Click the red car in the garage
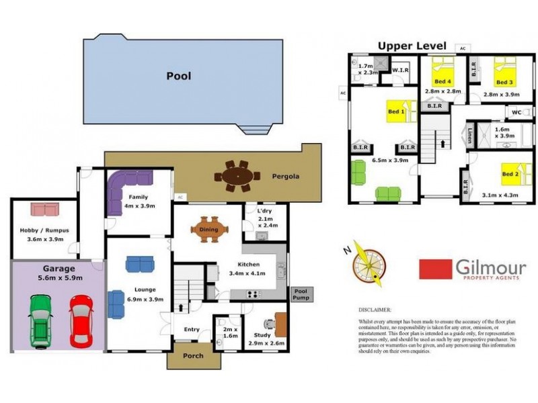tap(81, 321)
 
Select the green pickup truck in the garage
tap(41, 321)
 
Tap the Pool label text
tap(178, 76)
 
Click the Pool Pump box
tap(299, 294)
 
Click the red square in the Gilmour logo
tap(435, 269)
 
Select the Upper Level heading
tap(412, 46)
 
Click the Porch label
tap(194, 356)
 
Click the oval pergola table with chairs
tap(236, 177)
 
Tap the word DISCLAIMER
tap(375, 310)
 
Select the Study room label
tap(262, 334)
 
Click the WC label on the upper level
tap(516, 111)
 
